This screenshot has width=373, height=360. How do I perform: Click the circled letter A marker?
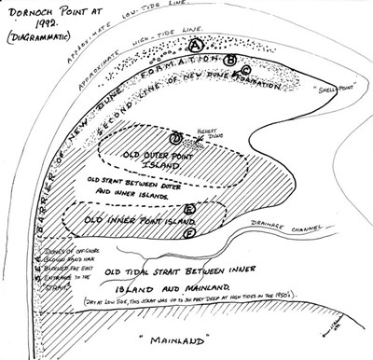click(195, 44)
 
